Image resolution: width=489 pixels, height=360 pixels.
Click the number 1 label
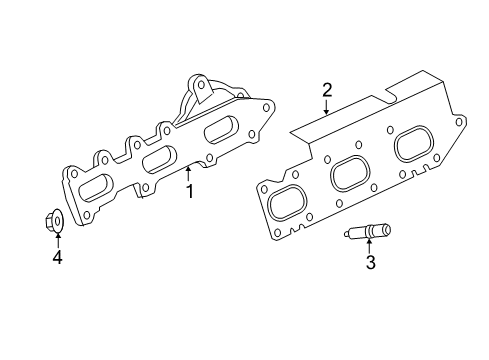pos(189,190)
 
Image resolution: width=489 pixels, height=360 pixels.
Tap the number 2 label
pos(326,92)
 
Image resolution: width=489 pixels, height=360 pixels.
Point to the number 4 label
pos(57,257)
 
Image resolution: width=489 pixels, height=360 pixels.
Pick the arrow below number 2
pos(326,109)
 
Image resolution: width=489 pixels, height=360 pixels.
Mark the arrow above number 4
pos(57,240)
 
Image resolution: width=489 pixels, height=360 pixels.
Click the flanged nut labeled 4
pos(56,221)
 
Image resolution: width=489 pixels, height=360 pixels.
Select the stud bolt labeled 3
pos(367,233)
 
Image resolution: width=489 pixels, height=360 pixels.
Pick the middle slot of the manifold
pos(155,160)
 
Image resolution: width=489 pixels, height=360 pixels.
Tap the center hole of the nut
pos(57,220)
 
